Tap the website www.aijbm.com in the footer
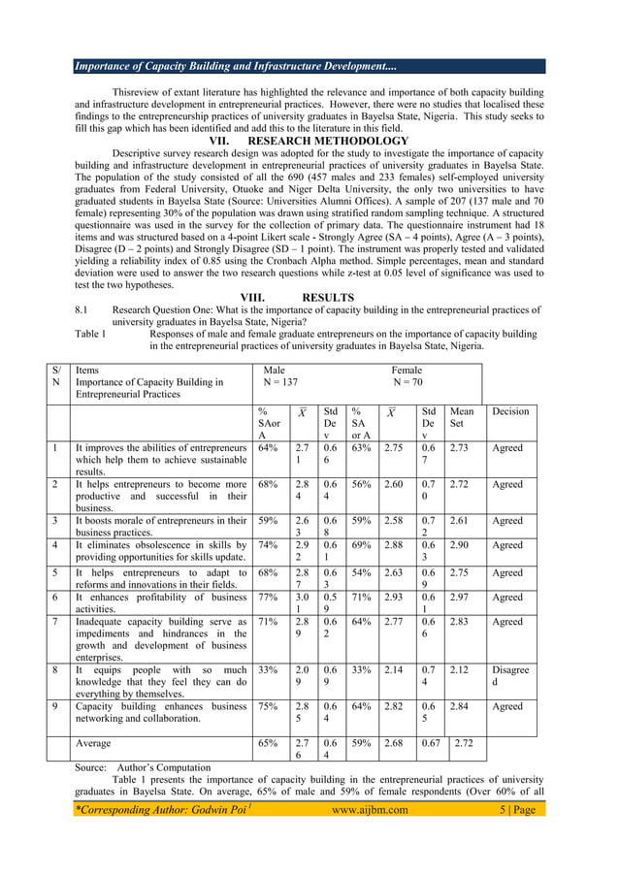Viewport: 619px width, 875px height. point(370,810)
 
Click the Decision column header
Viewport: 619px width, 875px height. point(510,411)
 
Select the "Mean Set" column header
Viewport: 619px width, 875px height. point(462,417)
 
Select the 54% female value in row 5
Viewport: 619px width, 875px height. point(361,572)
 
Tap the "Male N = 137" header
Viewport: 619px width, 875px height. point(280,376)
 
